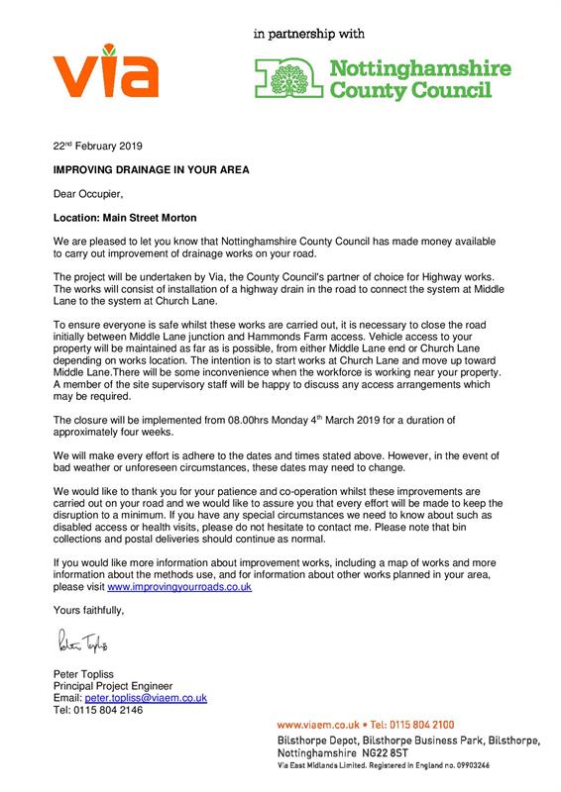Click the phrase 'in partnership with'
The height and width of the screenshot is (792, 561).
click(x=309, y=34)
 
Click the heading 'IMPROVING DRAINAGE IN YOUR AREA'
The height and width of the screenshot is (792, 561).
click(x=151, y=169)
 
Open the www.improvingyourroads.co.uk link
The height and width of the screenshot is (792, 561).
click(x=178, y=587)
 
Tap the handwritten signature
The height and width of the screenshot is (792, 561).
click(x=86, y=645)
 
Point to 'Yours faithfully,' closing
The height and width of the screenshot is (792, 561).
click(x=91, y=611)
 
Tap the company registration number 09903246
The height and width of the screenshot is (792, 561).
click(x=459, y=765)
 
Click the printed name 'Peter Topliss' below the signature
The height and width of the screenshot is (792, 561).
click(x=81, y=674)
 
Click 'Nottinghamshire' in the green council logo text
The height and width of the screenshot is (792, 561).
click(x=419, y=69)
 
